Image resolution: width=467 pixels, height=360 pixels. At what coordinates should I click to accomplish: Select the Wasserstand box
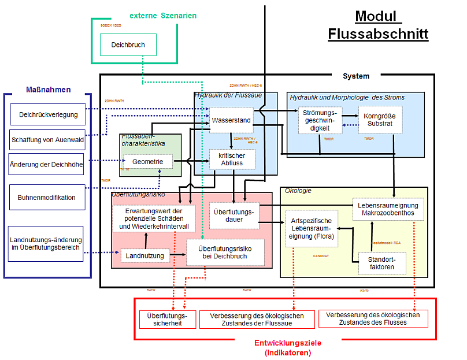231,120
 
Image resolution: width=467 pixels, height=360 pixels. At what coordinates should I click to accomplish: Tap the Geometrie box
148,162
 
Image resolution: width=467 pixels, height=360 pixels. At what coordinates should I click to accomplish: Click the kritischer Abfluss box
231,159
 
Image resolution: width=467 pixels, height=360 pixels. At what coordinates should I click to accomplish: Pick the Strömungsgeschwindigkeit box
320,120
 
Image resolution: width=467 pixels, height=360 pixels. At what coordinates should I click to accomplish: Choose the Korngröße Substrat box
379,120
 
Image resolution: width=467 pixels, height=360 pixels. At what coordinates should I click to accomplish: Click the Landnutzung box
144,255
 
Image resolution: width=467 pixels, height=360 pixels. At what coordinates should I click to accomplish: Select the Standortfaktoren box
382,263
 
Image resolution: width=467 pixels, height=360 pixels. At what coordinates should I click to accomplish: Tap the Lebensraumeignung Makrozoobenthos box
388,209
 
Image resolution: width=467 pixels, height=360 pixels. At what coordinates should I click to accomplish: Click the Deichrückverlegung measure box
48,114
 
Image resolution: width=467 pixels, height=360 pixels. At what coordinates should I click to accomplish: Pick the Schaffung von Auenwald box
47,139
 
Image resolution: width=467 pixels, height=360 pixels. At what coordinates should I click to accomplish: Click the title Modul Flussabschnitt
378,25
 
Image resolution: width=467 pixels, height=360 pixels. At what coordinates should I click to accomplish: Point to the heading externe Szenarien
163,14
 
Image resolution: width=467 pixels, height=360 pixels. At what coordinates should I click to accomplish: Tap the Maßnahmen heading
49,90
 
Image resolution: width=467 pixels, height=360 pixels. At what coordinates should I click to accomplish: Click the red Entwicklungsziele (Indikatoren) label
288,347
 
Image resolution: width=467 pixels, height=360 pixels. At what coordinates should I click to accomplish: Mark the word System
355,76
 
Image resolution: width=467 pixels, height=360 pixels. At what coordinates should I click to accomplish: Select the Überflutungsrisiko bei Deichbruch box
225,253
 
